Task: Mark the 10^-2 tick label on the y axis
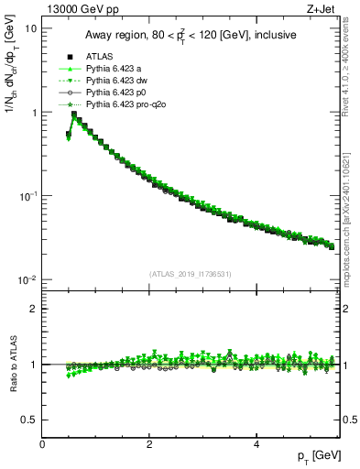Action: coord(29,280)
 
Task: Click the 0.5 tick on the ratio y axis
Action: coord(30,420)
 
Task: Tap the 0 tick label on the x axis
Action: coord(42,443)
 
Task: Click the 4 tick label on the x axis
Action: coord(256,443)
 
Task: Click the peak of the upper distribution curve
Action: coord(74,115)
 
